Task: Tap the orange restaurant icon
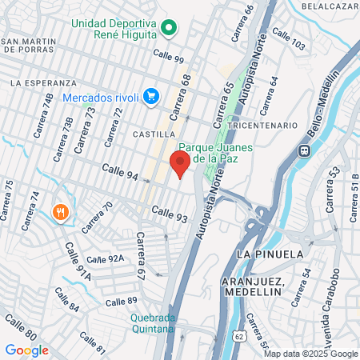[x=59, y=212]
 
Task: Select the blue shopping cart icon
[x=150, y=97]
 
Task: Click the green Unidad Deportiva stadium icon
[x=168, y=30]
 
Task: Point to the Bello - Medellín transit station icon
[x=304, y=150]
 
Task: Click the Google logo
[x=26, y=350]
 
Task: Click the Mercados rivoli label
[x=101, y=97]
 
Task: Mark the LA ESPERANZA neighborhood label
[x=43, y=82]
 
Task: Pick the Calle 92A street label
[x=106, y=259]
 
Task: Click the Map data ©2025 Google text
[x=311, y=354]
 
